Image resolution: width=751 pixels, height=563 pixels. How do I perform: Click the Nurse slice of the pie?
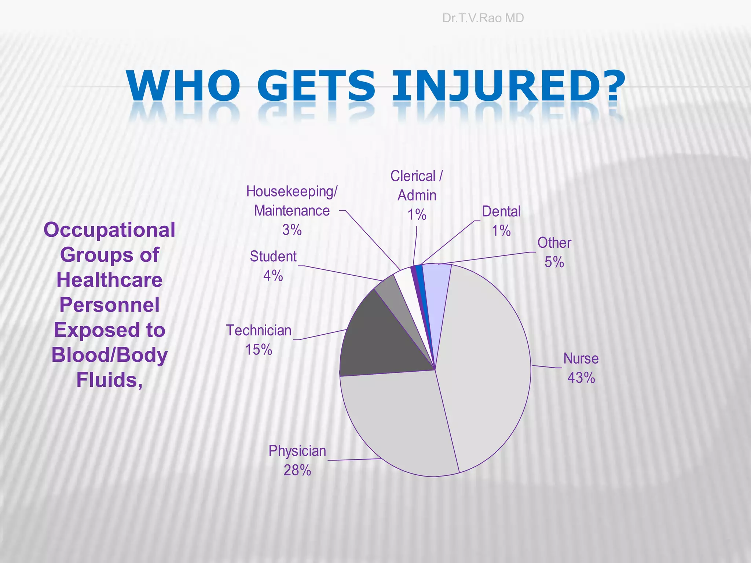click(x=488, y=367)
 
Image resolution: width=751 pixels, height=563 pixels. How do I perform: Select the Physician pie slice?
click(x=396, y=422)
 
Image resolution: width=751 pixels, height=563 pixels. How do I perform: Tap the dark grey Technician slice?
click(x=381, y=337)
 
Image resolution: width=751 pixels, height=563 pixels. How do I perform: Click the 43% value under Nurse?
click(x=581, y=378)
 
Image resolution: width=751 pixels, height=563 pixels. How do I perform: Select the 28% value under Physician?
click(x=297, y=470)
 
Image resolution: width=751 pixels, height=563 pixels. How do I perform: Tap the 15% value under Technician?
click(x=259, y=350)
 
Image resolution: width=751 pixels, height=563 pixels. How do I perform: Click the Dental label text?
click(x=501, y=212)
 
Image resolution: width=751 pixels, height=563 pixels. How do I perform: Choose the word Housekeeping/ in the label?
click(x=292, y=192)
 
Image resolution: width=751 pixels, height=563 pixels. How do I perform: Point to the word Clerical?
click(x=413, y=176)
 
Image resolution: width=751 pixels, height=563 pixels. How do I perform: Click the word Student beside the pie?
click(x=273, y=257)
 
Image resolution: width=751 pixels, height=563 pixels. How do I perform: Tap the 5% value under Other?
click(x=554, y=262)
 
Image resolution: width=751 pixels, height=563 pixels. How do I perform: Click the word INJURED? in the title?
click(x=508, y=86)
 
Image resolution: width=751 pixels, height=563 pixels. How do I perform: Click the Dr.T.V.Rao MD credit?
click(x=483, y=18)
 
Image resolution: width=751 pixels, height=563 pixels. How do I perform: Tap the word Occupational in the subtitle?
click(x=109, y=230)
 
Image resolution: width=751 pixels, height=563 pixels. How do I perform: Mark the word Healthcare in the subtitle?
click(x=109, y=280)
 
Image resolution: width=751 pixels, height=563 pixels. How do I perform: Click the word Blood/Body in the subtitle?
click(x=109, y=356)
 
